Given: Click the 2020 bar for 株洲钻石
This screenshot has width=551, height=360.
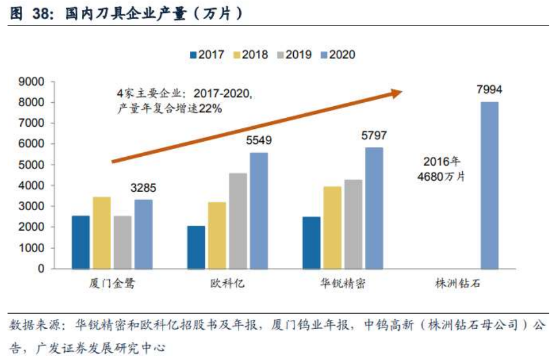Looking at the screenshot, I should (x=489, y=185).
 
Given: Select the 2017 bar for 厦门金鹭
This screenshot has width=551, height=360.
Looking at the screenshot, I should (x=81, y=242).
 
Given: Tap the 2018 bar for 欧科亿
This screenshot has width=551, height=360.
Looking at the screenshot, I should (x=217, y=235).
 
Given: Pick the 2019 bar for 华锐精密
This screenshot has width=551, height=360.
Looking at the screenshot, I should (x=353, y=224).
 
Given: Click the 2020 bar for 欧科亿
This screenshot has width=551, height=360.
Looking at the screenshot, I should (x=258, y=211).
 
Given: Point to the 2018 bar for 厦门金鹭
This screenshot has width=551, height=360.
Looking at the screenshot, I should (x=102, y=233).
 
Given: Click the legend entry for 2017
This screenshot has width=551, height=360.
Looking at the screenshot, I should (x=207, y=55).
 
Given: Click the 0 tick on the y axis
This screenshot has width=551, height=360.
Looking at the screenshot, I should (x=41, y=269).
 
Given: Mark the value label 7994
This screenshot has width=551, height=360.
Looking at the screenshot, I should (x=489, y=89).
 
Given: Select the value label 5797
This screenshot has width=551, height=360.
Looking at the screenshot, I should (x=374, y=135).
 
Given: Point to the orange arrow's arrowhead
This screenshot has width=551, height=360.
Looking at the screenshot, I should (x=397, y=93).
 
